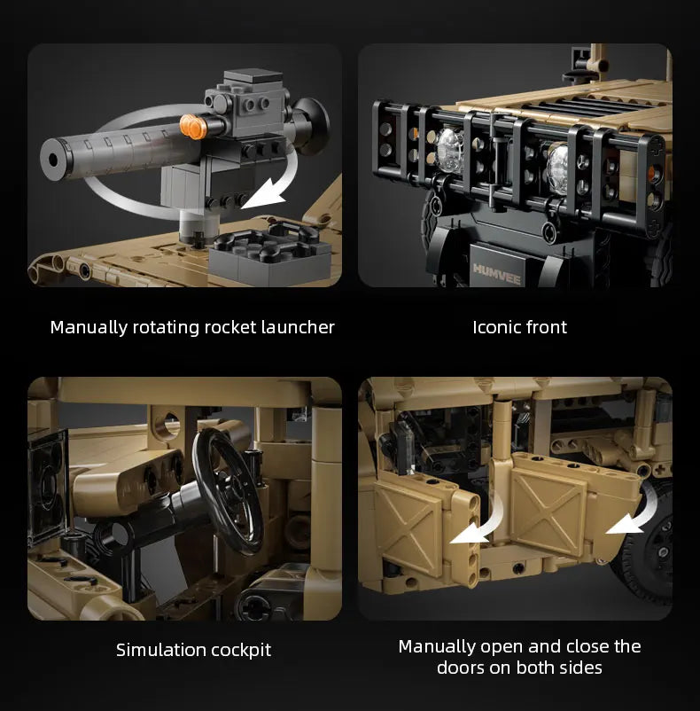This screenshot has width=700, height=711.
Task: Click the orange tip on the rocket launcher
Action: [x=191, y=126]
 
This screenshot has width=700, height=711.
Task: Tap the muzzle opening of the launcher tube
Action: [x=53, y=160]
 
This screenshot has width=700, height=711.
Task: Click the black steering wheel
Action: [x=228, y=491]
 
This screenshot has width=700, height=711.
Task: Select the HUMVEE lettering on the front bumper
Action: [x=497, y=273]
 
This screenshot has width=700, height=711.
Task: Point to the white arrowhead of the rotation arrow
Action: [x=264, y=195]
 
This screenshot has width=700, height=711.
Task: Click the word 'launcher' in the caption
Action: [x=298, y=327]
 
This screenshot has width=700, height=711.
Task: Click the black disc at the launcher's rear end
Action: [x=314, y=125]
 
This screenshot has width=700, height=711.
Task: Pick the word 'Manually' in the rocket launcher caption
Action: [x=89, y=328]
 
